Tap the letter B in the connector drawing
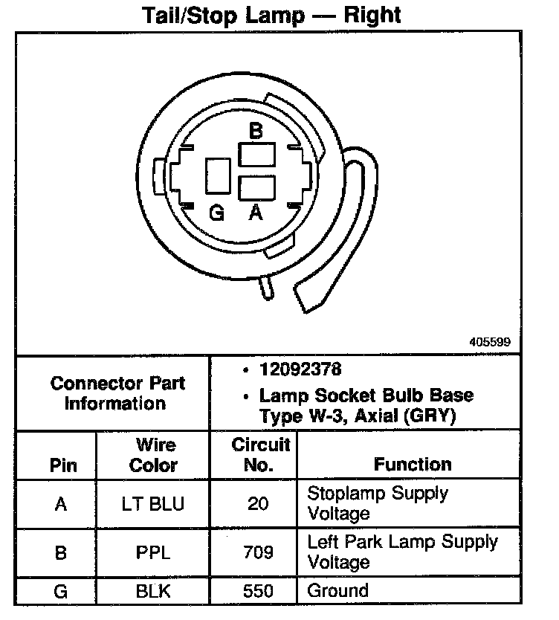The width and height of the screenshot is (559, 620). [256, 132]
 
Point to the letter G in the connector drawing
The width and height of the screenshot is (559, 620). [216, 214]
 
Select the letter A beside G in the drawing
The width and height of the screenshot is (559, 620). [255, 214]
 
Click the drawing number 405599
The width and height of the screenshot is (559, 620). [490, 343]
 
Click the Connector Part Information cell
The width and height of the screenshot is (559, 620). [117, 393]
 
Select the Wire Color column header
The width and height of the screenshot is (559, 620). [154, 455]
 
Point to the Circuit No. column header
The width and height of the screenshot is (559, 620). [259, 455]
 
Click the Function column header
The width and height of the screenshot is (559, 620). [413, 465]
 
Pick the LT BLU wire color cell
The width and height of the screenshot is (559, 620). [153, 504]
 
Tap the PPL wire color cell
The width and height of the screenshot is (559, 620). [153, 552]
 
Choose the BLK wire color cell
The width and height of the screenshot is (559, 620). [153, 592]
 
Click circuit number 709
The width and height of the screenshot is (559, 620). [258, 552]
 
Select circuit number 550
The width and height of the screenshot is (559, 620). [258, 592]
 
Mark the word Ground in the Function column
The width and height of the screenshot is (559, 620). [338, 592]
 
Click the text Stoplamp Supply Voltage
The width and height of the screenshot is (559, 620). [378, 503]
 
